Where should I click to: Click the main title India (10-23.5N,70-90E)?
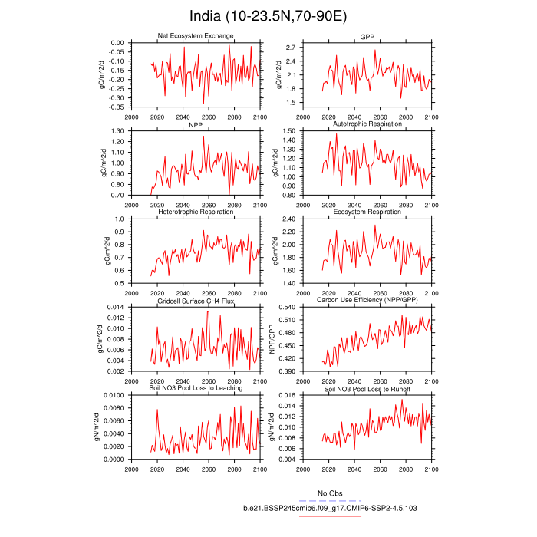pos(268,16)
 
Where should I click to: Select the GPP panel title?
pos(367,37)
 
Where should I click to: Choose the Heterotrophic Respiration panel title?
pos(200,212)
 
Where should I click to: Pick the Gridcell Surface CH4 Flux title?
pos(200,301)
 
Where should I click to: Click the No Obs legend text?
pos(330,493)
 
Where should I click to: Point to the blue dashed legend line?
pos(330,500)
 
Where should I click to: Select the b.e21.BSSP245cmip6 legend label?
pos(330,508)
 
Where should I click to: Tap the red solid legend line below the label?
pos(330,516)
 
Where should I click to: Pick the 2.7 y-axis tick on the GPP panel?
pos(289,48)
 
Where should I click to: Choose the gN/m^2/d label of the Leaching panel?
pos(97,427)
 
